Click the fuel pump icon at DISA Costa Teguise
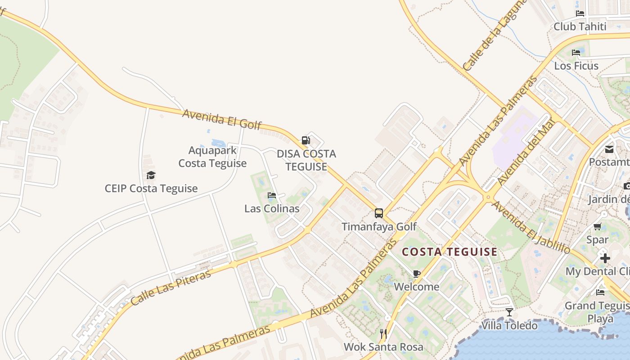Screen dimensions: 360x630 (306, 140)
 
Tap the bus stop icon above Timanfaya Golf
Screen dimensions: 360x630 (379, 213)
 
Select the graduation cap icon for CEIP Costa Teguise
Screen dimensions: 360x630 (151, 175)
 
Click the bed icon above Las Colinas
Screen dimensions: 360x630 (272, 195)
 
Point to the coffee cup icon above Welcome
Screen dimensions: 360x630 (417, 274)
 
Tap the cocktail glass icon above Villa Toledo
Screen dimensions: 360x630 (509, 312)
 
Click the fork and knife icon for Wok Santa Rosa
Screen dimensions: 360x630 (383, 333)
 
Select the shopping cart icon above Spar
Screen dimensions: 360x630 (598, 226)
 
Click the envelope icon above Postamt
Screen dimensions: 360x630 (609, 149)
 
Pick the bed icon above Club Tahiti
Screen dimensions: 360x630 (580, 13)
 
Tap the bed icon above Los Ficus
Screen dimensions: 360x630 (576, 52)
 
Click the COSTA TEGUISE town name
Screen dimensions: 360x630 (450, 252)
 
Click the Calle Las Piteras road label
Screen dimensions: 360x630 (171, 287)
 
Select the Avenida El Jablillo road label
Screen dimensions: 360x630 (531, 227)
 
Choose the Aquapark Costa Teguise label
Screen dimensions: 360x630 (212, 157)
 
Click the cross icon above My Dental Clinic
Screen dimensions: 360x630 (605, 258)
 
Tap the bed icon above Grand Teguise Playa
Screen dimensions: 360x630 (600, 292)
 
